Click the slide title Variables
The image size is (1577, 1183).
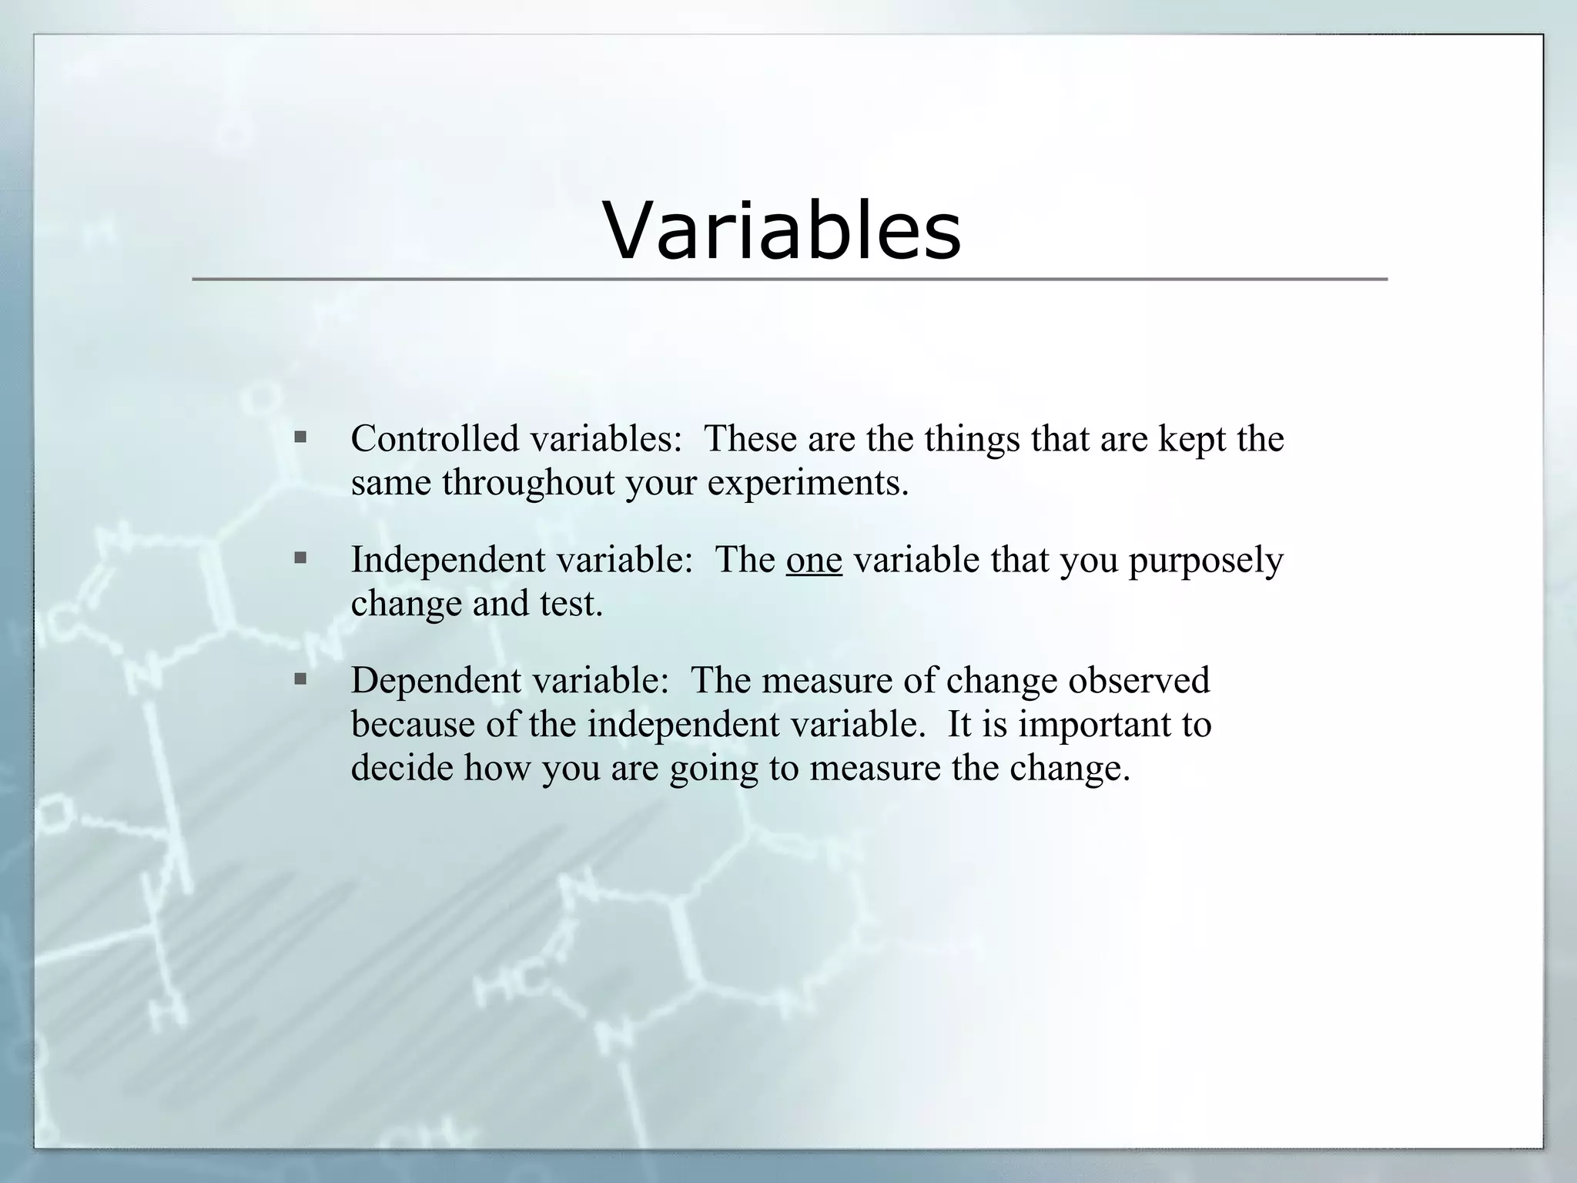[782, 230]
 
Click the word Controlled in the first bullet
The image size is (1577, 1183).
[435, 439]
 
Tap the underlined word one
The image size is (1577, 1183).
[814, 560]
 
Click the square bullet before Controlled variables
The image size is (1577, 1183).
[300, 438]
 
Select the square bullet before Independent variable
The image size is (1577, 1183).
[300, 558]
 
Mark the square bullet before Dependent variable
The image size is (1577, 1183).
[300, 679]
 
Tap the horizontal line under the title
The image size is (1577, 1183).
[788, 280]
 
